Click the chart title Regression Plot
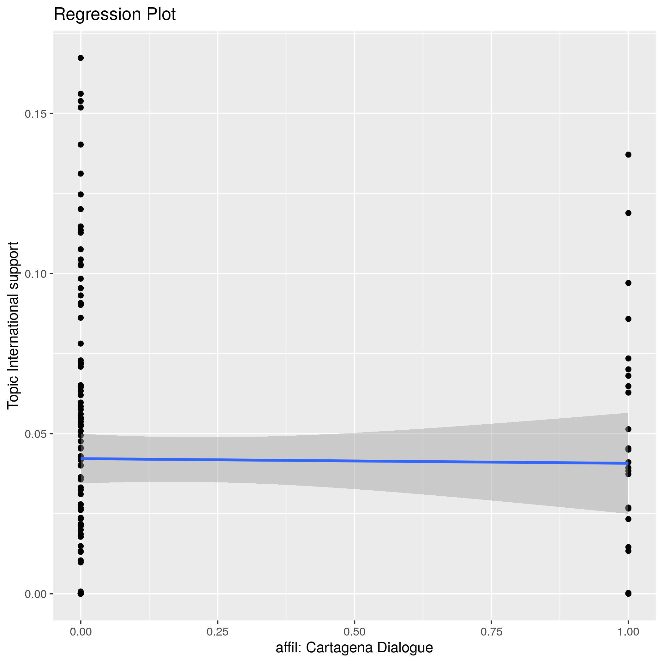point(115,15)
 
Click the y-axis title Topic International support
point(13,325)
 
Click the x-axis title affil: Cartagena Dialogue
point(354,648)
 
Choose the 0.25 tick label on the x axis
point(218,632)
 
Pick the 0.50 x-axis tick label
point(354,632)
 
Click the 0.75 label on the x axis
point(492,632)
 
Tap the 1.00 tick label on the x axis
point(628,632)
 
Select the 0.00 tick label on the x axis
point(81,632)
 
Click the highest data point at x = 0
point(81,58)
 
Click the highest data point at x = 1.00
point(628,155)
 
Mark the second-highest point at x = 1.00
point(628,213)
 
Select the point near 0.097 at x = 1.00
point(628,283)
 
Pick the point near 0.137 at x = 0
point(81,145)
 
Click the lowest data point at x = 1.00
point(628,593)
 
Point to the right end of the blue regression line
point(628,463)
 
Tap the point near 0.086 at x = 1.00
point(628,319)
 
